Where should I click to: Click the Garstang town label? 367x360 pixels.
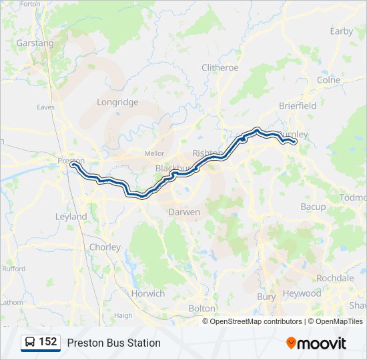tap(36, 43)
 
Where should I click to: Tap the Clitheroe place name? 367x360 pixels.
tap(220, 68)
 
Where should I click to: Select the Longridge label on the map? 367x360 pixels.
tap(117, 102)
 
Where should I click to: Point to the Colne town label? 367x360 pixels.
tap(329, 80)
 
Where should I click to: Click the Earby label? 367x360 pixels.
tap(341, 31)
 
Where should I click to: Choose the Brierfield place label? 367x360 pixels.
tap(298, 105)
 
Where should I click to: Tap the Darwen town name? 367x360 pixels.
tap(183, 212)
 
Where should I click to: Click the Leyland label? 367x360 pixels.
tap(71, 217)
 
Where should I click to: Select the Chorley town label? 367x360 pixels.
tap(105, 247)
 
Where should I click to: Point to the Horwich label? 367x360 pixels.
tap(147, 293)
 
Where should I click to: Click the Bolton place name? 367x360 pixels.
tap(202, 309)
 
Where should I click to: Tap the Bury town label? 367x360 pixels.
tap(266, 296)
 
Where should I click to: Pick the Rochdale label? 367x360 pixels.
tap(336, 278)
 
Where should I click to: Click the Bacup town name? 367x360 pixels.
tap(313, 207)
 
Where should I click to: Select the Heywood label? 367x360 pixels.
tap(302, 293)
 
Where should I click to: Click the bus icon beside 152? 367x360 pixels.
tap(29, 343)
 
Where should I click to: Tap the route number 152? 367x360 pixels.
tap(47, 342)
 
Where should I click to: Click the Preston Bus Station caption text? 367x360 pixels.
tap(113, 343)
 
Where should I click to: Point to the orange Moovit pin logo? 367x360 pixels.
tap(291, 343)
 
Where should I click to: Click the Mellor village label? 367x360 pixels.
tap(154, 153)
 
